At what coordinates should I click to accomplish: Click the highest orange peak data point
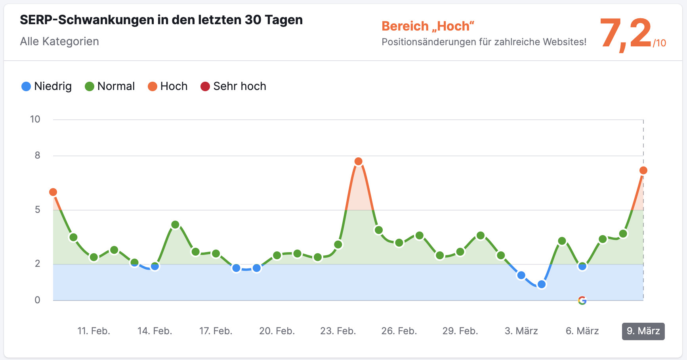coord(358,161)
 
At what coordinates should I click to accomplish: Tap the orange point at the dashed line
coord(643,170)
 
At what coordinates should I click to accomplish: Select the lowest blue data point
coord(541,284)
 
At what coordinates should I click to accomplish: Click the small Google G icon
coord(582,301)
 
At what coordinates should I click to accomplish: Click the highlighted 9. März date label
coord(643,331)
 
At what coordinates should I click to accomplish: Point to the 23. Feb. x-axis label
coord(338,331)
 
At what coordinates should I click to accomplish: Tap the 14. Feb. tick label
coord(155,331)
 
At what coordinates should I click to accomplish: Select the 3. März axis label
coord(521,331)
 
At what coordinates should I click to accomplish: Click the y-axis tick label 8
coord(37,155)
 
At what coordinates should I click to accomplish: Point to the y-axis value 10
coord(35,119)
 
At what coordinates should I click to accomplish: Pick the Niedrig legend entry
coord(46,86)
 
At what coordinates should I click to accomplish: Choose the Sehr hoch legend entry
coord(233,86)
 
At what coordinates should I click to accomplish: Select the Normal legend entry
coord(110,86)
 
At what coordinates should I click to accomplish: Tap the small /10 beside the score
coord(660,43)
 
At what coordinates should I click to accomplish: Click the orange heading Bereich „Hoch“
coord(428,26)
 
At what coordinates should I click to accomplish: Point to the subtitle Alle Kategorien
coord(59,42)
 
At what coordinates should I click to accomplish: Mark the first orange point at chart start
coord(53,192)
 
